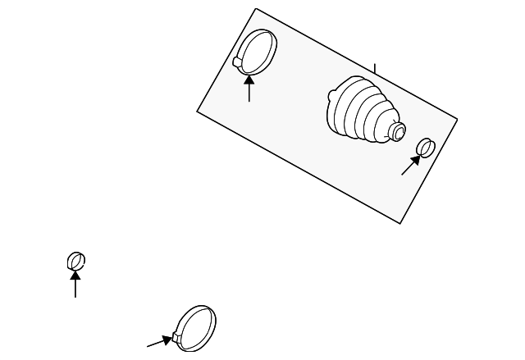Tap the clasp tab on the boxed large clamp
pyautogui.click(x=238, y=62)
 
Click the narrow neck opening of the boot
pyautogui.click(x=399, y=132)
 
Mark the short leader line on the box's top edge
pyautogui.click(x=375, y=71)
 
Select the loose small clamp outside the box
pyautogui.click(x=76, y=261)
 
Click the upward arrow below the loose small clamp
pyautogui.click(x=75, y=284)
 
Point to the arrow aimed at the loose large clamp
pyautogui.click(x=159, y=341)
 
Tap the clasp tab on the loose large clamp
pyautogui.click(x=176, y=337)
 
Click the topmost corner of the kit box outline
pyautogui.click(x=256, y=9)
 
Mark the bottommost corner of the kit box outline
pyautogui.click(x=399, y=223)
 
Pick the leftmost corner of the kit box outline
pyautogui.click(x=198, y=111)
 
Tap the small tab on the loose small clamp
pyautogui.click(x=71, y=263)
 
